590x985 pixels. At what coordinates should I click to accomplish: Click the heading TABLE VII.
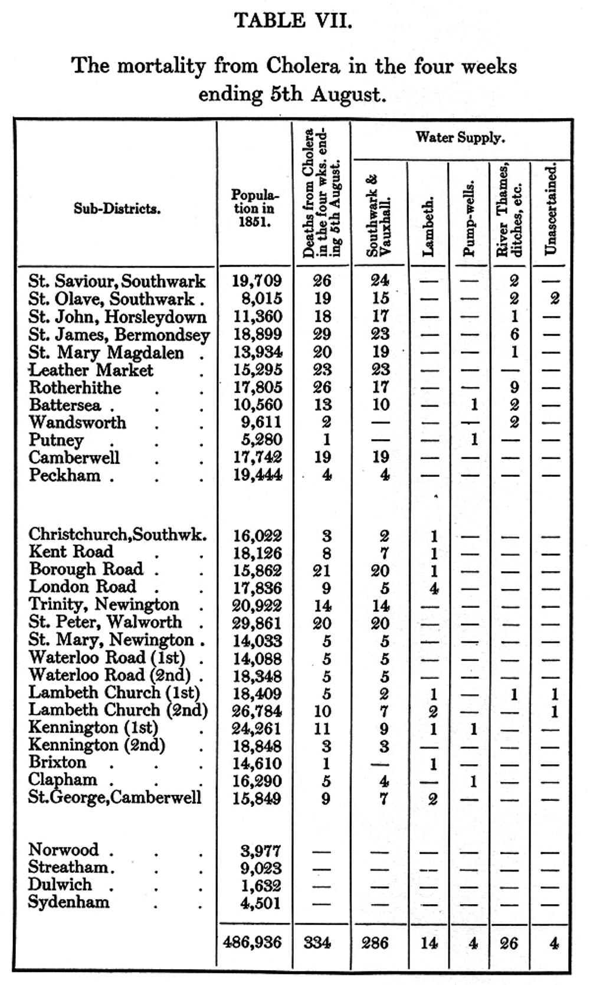[293, 21]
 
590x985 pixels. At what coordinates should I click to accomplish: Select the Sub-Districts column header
[117, 208]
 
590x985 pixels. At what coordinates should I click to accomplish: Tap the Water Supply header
[460, 138]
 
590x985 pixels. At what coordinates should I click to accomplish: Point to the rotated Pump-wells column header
[470, 219]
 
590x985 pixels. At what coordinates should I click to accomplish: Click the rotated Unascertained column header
[551, 210]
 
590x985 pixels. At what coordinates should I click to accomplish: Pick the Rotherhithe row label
[75, 388]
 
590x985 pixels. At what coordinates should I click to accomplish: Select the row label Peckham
[65, 475]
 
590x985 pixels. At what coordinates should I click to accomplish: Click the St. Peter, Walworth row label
[106, 622]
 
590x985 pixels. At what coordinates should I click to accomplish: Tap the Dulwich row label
[60, 885]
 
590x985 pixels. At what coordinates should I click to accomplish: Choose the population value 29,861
[257, 623]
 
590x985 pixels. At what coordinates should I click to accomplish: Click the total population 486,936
[253, 943]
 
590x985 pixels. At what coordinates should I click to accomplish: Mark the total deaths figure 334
[317, 943]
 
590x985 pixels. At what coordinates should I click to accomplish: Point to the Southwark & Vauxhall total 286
[375, 943]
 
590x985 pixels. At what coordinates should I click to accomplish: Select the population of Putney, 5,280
[258, 440]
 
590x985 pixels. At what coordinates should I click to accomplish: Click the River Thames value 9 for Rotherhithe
[514, 388]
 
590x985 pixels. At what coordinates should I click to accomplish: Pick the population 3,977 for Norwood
[260, 851]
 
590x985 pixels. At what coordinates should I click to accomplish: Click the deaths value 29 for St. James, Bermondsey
[322, 335]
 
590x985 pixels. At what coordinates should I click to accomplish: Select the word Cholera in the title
[303, 66]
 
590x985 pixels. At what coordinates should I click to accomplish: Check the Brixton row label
[57, 762]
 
